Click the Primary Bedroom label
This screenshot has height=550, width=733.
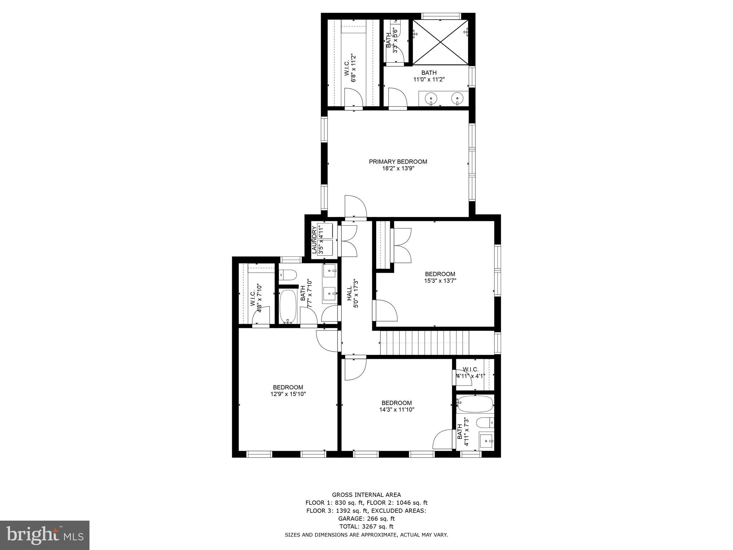[398, 161]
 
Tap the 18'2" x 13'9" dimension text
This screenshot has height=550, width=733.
[398, 168]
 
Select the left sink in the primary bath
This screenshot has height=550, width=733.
[431, 97]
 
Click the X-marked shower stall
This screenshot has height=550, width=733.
[441, 42]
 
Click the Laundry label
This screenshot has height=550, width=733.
[314, 240]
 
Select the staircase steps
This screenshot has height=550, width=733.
[424, 343]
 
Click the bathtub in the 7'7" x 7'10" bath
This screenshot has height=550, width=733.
[287, 306]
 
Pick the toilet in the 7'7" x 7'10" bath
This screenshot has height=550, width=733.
[288, 275]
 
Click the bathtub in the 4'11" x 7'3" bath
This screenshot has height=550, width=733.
[475, 404]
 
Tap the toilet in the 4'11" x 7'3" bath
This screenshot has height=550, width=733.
[486, 423]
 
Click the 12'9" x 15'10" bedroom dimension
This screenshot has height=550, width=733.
[288, 394]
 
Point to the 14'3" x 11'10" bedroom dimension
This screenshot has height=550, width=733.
[397, 410]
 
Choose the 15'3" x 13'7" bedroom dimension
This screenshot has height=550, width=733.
[440, 281]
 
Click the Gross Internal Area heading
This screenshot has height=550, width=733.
[366, 495]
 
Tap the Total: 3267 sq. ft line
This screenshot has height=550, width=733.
[366, 526]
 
